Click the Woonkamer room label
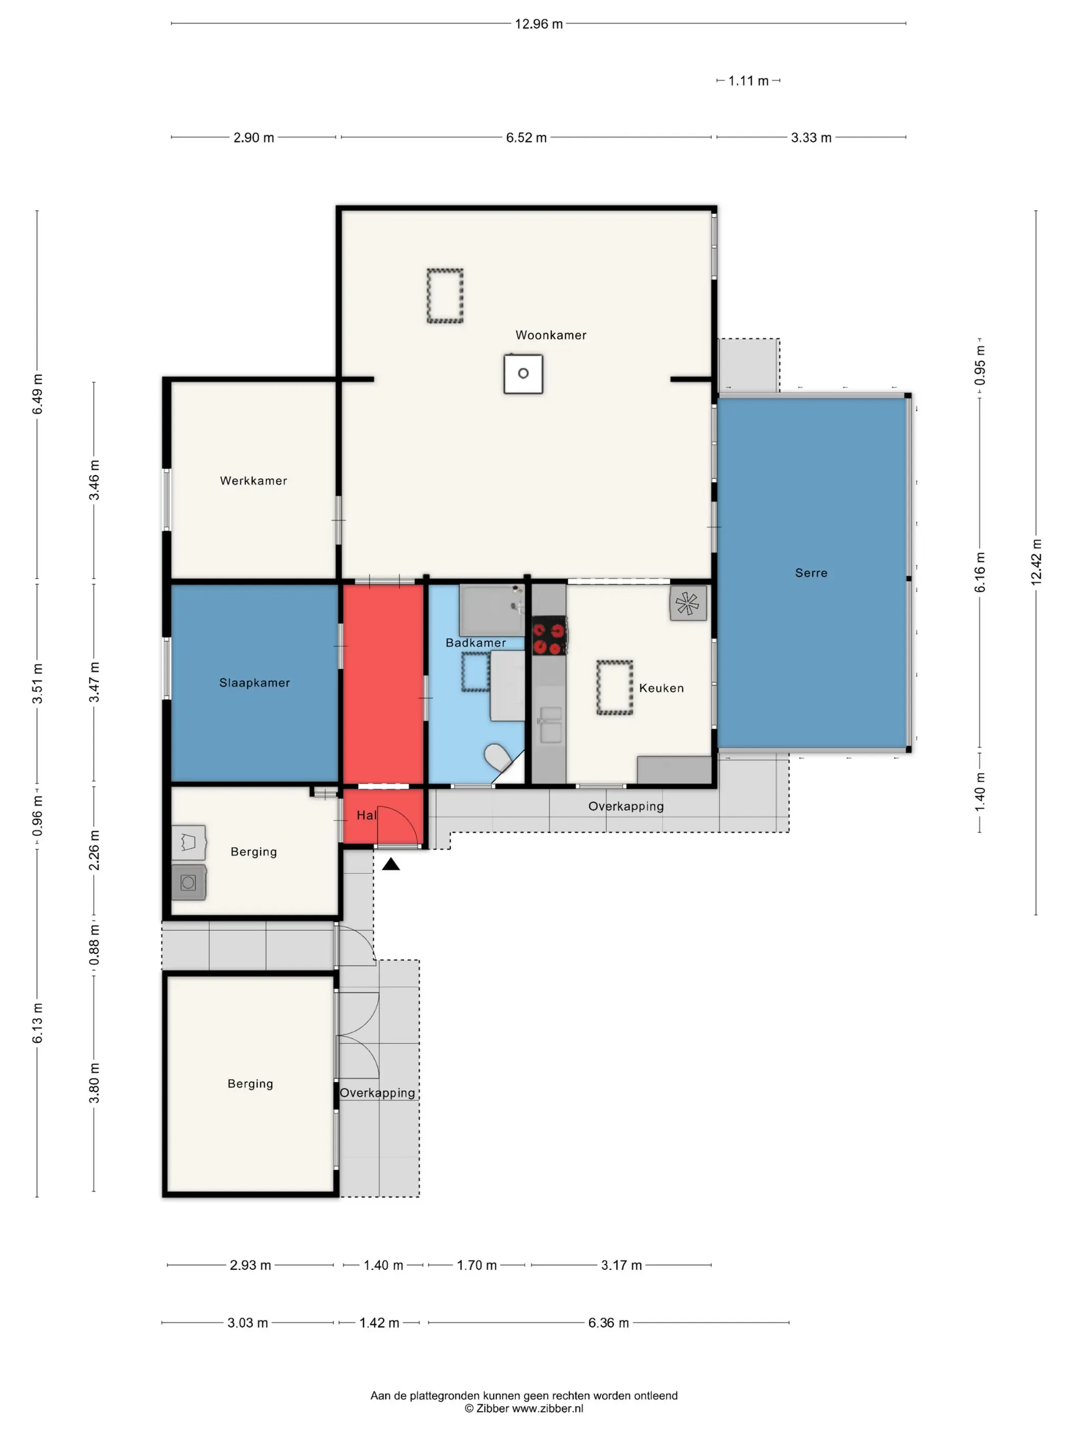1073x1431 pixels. (550, 335)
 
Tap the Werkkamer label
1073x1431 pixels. (253, 481)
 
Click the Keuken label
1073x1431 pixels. (661, 688)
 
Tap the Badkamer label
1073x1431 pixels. (475, 642)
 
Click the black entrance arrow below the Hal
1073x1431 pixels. (391, 864)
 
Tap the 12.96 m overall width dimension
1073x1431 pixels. (539, 24)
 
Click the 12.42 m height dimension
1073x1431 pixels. (1036, 562)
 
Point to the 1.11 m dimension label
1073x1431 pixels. (749, 81)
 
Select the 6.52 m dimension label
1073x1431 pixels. (526, 138)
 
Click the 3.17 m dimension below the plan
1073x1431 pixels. (621, 1265)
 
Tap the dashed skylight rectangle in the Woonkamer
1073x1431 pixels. (445, 295)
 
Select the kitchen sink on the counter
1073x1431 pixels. (550, 725)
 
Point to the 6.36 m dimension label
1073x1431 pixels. (608, 1323)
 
